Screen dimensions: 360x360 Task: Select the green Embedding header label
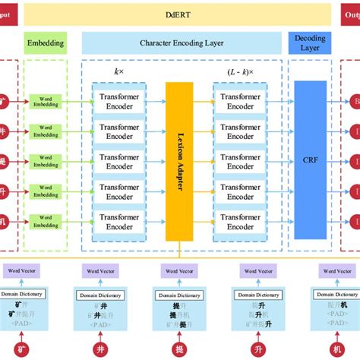45,43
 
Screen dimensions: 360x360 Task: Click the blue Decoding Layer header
309,43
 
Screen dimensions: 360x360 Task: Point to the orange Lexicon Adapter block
179,161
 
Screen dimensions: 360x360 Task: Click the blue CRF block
309,161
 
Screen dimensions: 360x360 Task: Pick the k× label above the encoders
118,71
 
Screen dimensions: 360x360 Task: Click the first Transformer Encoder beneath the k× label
118,100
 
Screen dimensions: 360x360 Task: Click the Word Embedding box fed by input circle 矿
45,100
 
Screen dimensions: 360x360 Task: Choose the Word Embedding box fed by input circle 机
45,221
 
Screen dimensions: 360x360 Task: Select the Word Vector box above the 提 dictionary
178,271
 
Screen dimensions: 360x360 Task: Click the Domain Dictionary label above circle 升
259,295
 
